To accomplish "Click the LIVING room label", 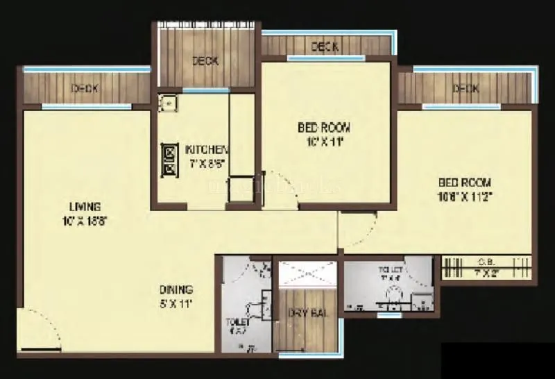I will (85, 206).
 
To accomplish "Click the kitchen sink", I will (167, 103).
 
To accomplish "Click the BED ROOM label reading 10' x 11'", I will (324, 128).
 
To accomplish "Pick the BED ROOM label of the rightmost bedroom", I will (465, 183).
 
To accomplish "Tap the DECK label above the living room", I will (85, 88).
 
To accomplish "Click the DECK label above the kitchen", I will (205, 61).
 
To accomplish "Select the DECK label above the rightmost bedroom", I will (466, 88).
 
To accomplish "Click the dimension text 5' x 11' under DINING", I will (175, 303).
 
